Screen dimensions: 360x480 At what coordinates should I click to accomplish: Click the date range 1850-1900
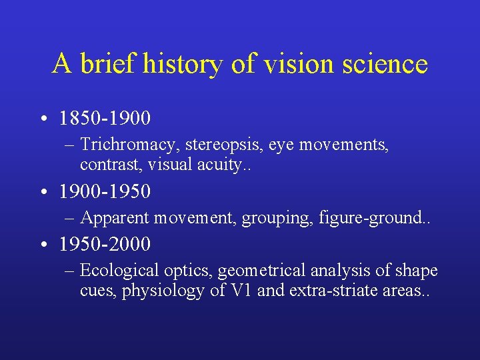click(x=105, y=119)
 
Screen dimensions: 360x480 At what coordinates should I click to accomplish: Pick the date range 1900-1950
click(x=105, y=192)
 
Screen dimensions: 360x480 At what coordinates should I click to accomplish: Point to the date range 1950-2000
click(x=105, y=245)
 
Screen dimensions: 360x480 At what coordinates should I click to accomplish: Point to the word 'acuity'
click(x=209, y=164)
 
